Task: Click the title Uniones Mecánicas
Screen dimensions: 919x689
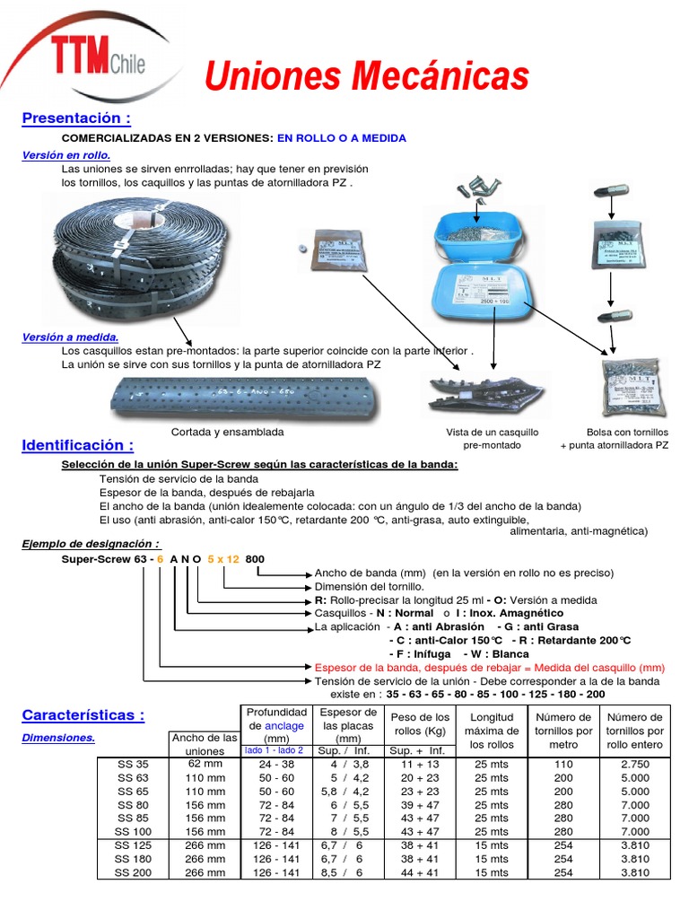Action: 366,76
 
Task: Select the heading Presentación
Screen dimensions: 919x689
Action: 76,118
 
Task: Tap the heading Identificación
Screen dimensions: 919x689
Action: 78,445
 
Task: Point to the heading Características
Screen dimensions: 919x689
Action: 83,715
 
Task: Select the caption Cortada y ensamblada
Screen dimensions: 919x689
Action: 227,432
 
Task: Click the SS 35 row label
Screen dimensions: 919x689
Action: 133,765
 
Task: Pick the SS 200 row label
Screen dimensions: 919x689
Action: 133,872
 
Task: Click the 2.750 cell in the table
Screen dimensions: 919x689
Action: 634,765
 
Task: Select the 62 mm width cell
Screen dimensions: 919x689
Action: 205,765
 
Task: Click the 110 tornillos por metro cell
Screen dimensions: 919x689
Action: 563,765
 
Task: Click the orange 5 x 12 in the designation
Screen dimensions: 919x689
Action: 223,559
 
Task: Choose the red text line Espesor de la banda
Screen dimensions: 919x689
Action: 490,668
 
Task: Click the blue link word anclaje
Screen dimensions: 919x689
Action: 284,726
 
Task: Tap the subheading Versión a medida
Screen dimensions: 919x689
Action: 70,337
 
